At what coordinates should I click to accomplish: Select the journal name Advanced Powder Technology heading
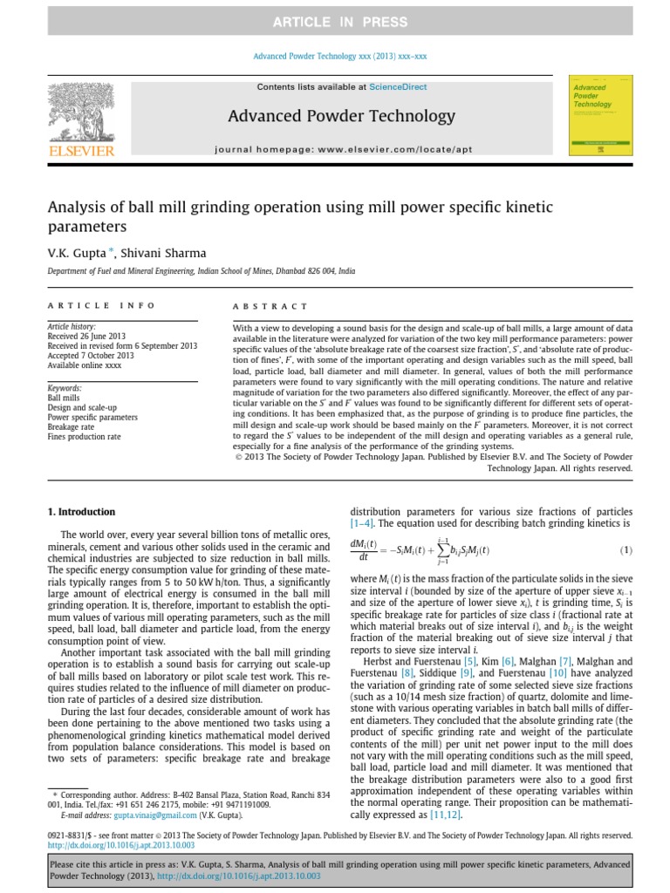pyautogui.click(x=341, y=116)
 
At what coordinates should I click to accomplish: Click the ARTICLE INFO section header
pyautogui.click(x=101, y=306)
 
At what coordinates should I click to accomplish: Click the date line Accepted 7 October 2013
pyautogui.click(x=90, y=356)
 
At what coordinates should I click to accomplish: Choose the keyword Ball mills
pyautogui.click(x=63, y=398)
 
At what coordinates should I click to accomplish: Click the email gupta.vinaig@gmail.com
pyautogui.click(x=146, y=815)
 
